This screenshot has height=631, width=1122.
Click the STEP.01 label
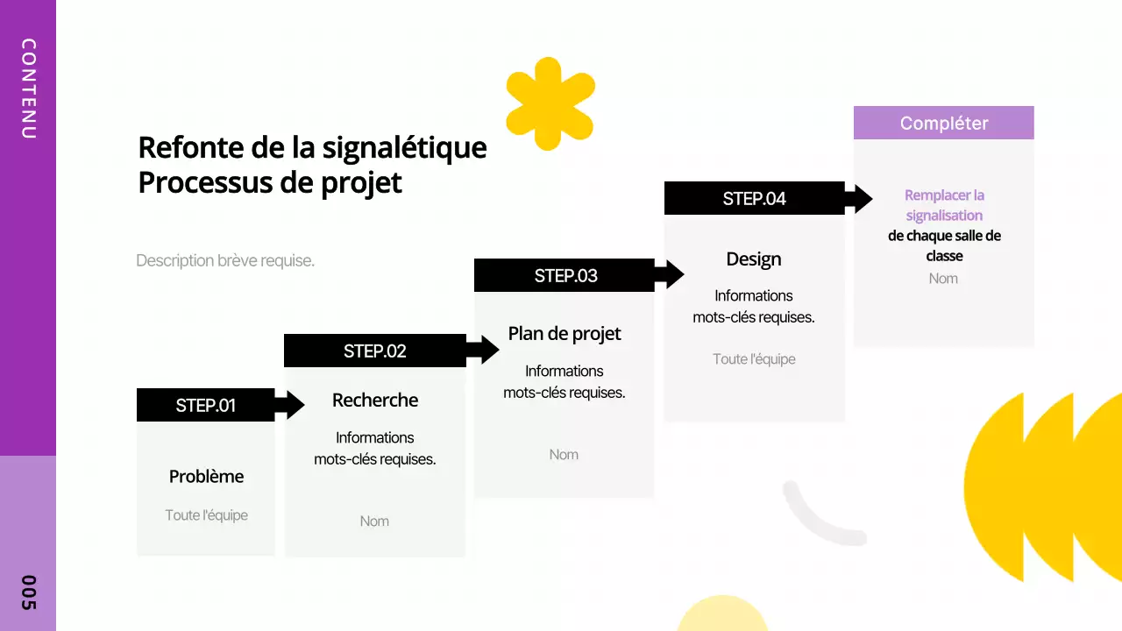click(x=206, y=406)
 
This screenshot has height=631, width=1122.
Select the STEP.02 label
click(x=375, y=351)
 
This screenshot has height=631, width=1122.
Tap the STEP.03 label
click(x=565, y=276)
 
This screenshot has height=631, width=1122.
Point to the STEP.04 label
click(x=754, y=199)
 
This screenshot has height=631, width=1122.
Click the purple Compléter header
click(x=944, y=124)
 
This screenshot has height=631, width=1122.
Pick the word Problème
click(x=206, y=477)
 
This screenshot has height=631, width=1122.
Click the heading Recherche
click(x=375, y=401)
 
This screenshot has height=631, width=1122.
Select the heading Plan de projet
click(x=565, y=334)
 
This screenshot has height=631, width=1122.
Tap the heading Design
click(x=754, y=259)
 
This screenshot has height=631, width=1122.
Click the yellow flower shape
click(x=550, y=103)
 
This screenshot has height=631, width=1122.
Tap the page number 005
click(x=28, y=592)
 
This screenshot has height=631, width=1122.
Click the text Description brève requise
click(x=225, y=261)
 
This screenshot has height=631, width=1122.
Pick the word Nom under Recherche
click(x=374, y=521)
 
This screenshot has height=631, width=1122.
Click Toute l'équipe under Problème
click(x=206, y=515)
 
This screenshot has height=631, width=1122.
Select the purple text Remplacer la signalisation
click(x=944, y=205)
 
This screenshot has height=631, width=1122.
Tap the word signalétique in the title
click(x=404, y=147)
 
